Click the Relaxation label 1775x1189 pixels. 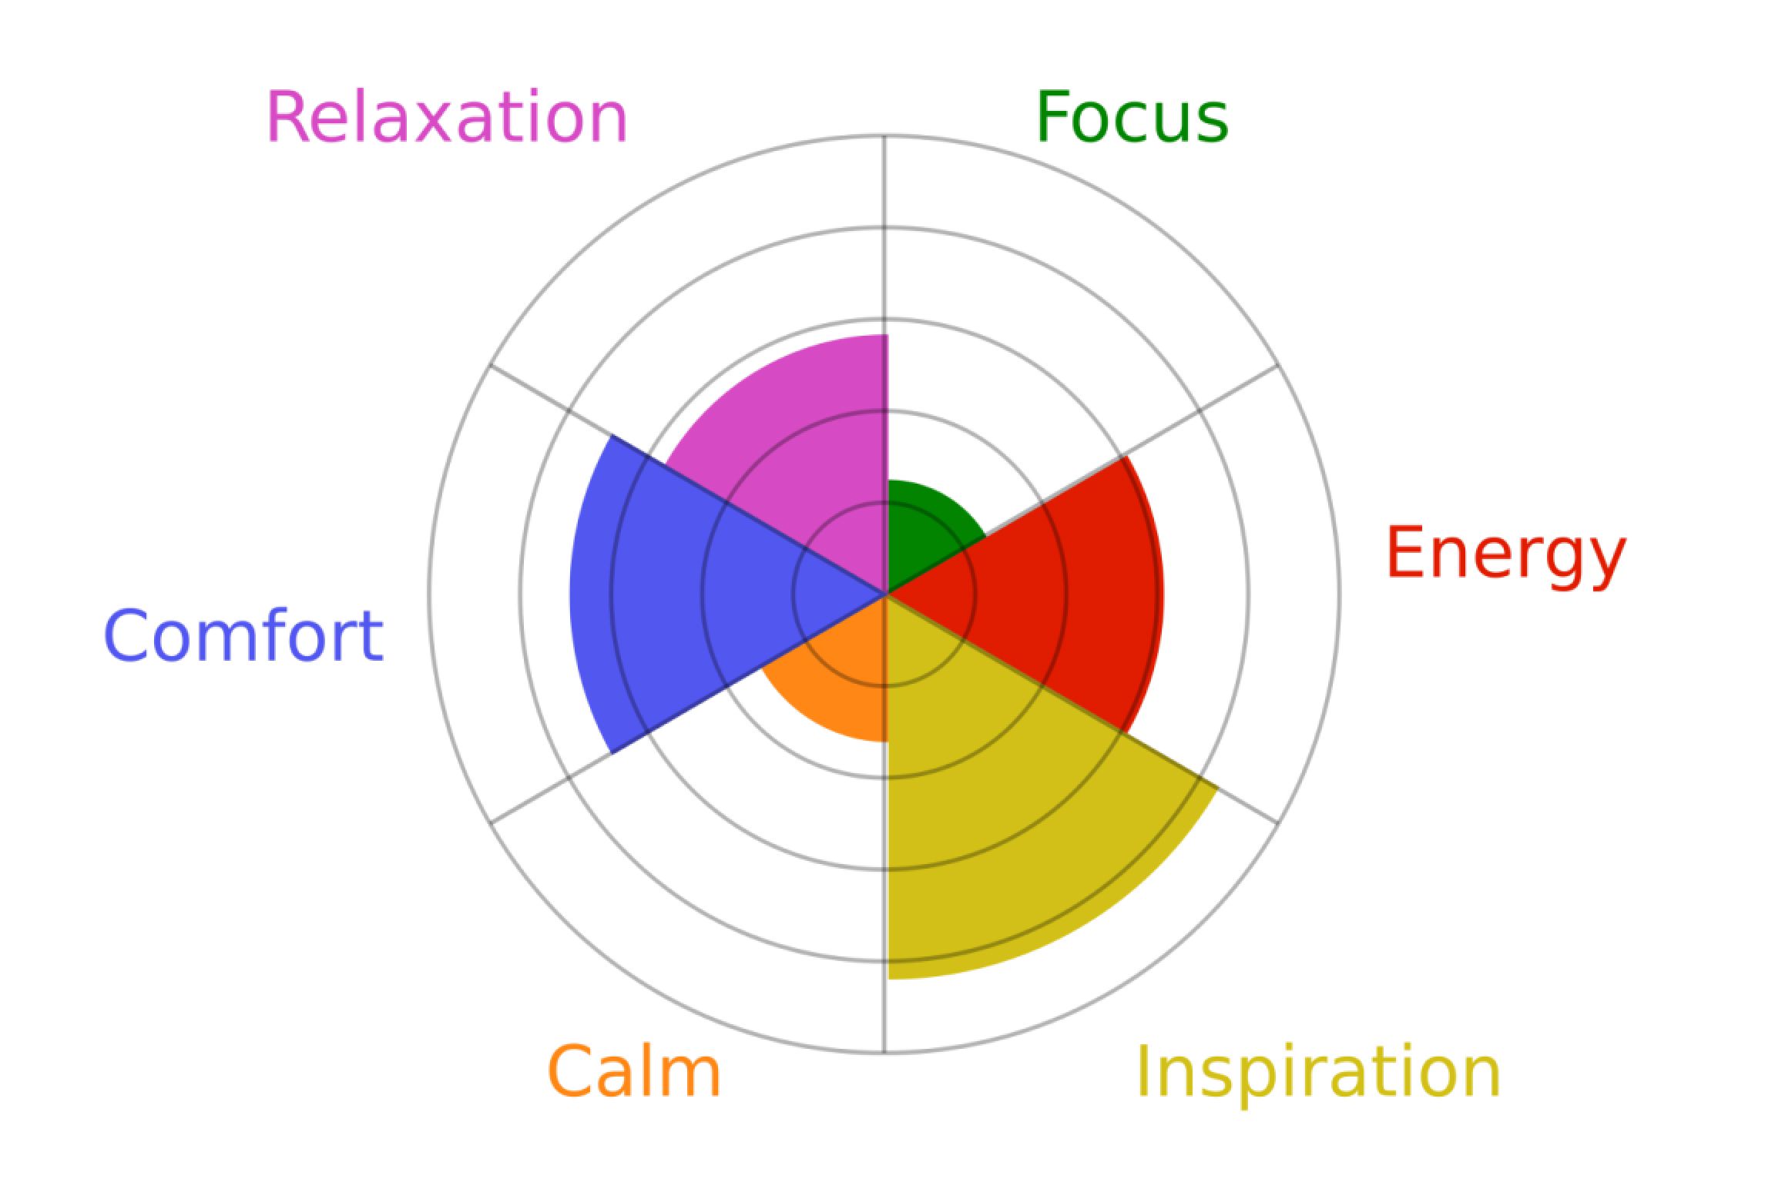(447, 118)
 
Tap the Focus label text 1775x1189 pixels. (1132, 117)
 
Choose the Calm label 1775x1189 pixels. (634, 1070)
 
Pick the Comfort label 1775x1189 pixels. (243, 635)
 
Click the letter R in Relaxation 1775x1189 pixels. (284, 118)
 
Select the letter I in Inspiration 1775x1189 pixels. (1143, 1070)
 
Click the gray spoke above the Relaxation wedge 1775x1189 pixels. (884, 235)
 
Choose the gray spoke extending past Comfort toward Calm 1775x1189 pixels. (551, 788)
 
